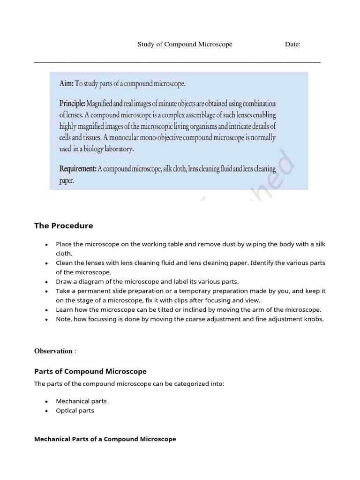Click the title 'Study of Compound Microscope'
pyautogui.click(x=185, y=45)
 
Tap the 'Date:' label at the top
pyautogui.click(x=292, y=45)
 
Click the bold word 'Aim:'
pyautogui.click(x=67, y=84)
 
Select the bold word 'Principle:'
pyautogui.click(x=72, y=103)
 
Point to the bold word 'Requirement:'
pyautogui.click(x=78, y=169)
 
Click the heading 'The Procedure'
pyautogui.click(x=63, y=226)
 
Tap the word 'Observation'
pyautogui.click(x=53, y=351)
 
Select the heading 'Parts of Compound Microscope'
pyautogui.click(x=90, y=372)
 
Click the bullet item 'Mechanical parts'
pyautogui.click(x=81, y=401)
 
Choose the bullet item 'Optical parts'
pyautogui.click(x=75, y=411)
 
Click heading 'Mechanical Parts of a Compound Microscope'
pyautogui.click(x=105, y=439)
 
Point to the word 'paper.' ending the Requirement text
pyautogui.click(x=67, y=180)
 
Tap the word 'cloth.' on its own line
pyautogui.click(x=64, y=254)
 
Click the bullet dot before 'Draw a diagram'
pyautogui.click(x=46, y=282)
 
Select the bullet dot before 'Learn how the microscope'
pyautogui.click(x=46, y=310)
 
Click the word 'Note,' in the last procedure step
pyautogui.click(x=65, y=319)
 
